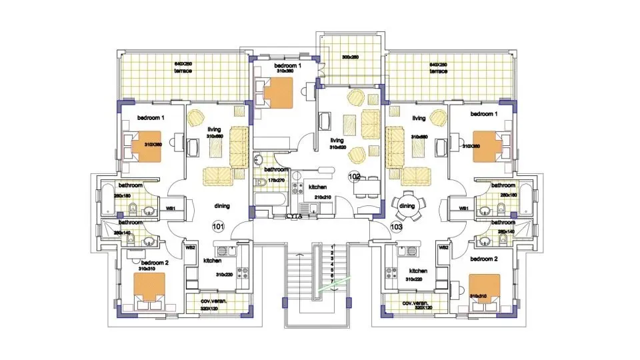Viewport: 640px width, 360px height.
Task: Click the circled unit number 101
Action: [x=218, y=227]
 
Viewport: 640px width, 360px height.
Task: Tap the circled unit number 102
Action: [x=354, y=177]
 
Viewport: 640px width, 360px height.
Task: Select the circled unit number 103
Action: [x=397, y=227]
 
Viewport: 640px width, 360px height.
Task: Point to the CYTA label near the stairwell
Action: [x=293, y=216]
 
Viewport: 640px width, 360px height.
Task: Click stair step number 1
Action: [x=332, y=247]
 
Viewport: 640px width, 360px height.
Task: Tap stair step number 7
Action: [x=332, y=281]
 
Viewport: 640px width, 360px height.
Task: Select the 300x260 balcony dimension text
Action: [x=350, y=57]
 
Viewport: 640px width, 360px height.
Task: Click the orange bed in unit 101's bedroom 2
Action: [x=149, y=285]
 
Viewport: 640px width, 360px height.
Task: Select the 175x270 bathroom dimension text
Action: [x=275, y=180]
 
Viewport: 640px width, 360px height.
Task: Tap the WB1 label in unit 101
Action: [x=171, y=209]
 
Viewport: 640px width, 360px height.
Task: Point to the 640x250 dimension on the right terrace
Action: [x=438, y=64]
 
